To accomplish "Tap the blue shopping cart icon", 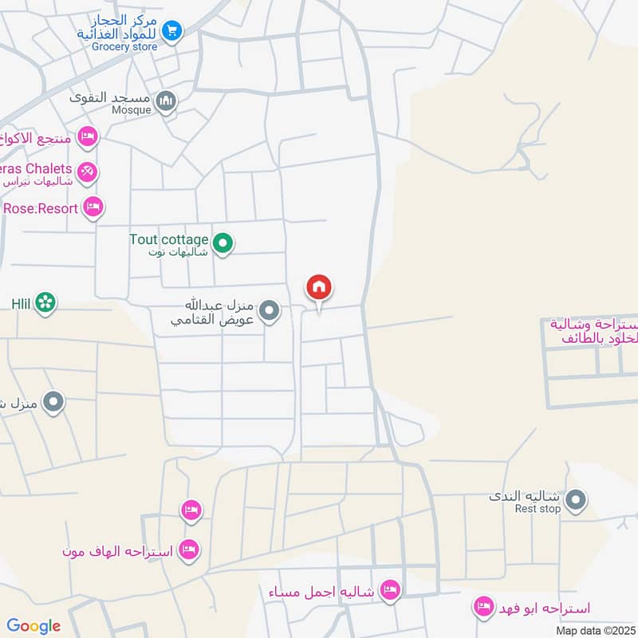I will [x=171, y=31].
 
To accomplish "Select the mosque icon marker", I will [x=166, y=101].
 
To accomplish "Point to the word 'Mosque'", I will [x=132, y=110].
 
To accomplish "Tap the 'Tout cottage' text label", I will [x=169, y=239].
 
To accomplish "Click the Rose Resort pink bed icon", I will [x=93, y=207].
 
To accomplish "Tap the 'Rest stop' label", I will [x=538, y=508].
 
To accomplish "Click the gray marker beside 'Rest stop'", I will [x=577, y=502].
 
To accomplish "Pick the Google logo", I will [x=33, y=626].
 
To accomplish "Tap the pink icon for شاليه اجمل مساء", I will [x=390, y=590].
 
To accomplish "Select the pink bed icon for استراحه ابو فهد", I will [x=482, y=608].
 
